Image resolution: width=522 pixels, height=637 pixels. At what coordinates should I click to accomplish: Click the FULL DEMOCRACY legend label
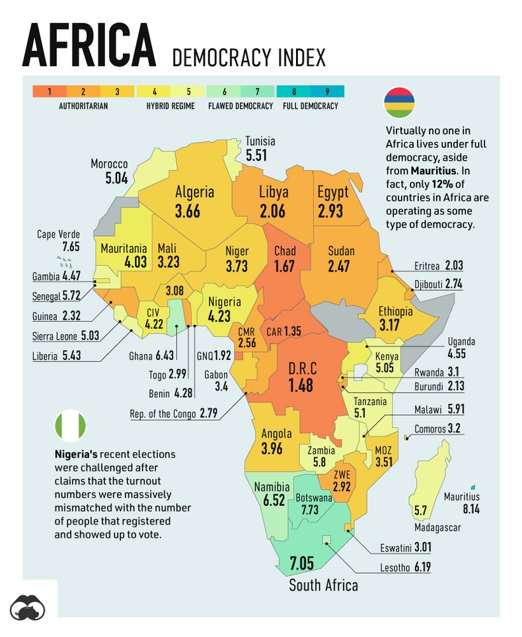click(311, 106)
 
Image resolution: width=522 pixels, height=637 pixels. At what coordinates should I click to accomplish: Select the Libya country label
click(274, 192)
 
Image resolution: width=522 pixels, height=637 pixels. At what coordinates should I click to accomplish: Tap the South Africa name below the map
click(324, 585)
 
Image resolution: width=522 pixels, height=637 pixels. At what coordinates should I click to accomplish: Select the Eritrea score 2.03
click(453, 266)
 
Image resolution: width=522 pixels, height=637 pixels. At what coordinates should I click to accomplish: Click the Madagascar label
click(437, 527)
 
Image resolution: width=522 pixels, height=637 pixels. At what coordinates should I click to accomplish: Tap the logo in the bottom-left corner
click(28, 608)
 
